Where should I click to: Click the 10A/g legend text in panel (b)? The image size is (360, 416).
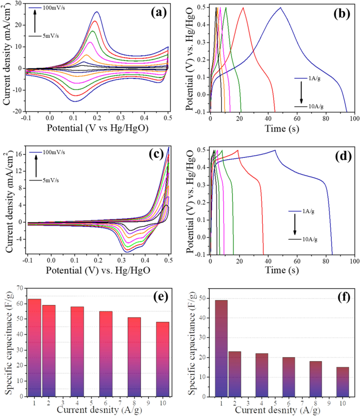coord(315,106)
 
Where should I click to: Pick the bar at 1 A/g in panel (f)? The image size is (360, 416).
coord(220,348)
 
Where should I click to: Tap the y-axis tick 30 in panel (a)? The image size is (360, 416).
coord(17,4)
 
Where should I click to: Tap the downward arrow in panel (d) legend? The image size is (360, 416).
coord(295,226)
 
